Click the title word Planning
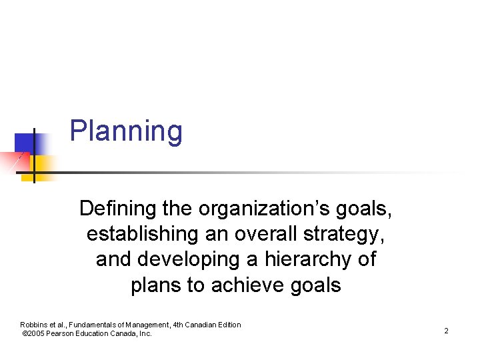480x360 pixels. point(126,131)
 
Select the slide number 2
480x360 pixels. point(446,331)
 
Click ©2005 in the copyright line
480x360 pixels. point(34,333)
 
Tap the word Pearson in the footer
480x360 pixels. point(63,333)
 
